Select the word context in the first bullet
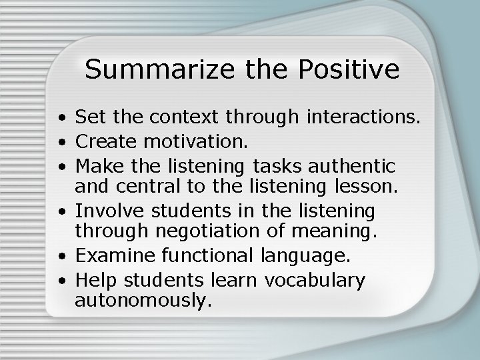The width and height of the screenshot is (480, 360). [x=176, y=119]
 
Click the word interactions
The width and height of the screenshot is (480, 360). [x=364, y=119]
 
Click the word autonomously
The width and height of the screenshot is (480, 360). [x=143, y=301]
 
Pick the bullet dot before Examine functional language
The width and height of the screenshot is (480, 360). [x=61, y=258]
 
